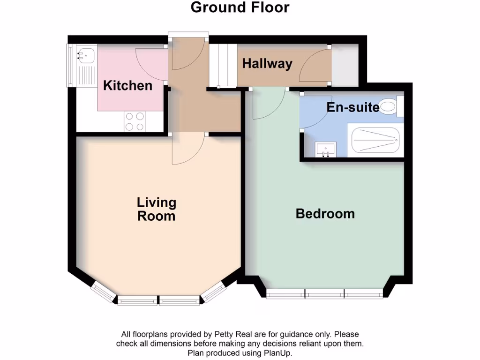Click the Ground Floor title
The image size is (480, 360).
coord(240,7)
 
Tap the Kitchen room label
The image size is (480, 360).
coord(127,86)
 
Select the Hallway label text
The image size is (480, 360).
coord(267,64)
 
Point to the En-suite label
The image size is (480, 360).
coord(352,107)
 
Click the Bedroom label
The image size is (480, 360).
coord(325,214)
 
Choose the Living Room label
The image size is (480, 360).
coord(157,209)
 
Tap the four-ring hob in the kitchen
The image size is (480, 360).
coord(134,122)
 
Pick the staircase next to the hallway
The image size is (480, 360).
coord(222,66)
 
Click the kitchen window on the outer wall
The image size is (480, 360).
coord(71,66)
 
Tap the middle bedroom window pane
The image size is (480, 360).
coord(324,294)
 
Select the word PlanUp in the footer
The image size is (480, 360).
coord(278,352)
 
